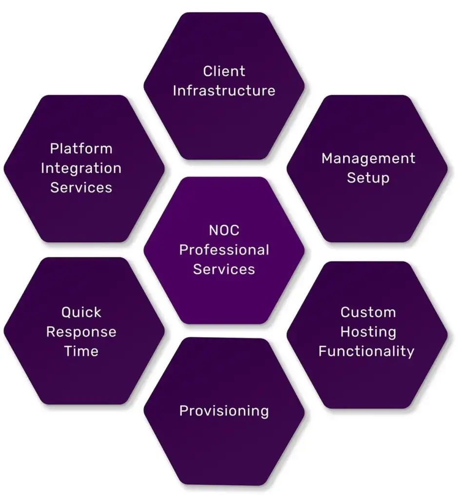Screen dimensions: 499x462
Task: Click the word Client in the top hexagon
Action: click(224, 71)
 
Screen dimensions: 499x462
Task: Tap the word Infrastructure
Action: click(224, 91)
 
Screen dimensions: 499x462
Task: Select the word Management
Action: click(368, 158)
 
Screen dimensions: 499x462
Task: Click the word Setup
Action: click(368, 178)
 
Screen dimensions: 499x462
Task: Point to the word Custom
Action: click(368, 312)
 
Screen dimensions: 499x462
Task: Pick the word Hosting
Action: click(368, 332)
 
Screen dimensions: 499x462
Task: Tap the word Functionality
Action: click(366, 351)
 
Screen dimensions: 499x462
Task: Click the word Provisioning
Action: click(224, 411)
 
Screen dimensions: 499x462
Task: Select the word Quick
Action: click(81, 312)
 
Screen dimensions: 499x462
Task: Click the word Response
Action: click(81, 332)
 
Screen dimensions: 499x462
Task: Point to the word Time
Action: click(81, 351)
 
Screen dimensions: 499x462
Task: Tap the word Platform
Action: click(81, 148)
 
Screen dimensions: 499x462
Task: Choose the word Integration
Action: click(81, 168)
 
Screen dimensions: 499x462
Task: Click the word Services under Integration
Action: click(81, 188)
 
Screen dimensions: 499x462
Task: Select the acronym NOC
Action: click(224, 230)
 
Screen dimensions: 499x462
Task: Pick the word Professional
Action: click(224, 250)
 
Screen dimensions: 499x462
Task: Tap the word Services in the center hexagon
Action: click(224, 269)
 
